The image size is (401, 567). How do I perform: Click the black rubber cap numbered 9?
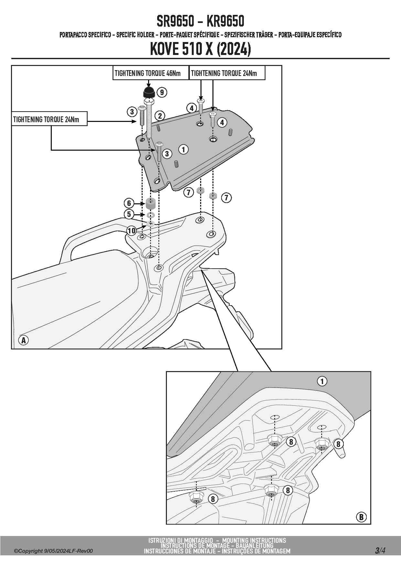(149, 92)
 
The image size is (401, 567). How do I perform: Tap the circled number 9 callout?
(162, 92)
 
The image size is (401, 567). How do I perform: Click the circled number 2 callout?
(160, 115)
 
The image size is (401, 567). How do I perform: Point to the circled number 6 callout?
(129, 203)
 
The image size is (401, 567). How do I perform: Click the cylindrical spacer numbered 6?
(150, 204)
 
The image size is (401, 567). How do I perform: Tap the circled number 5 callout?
(129, 214)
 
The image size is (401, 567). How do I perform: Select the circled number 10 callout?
(131, 230)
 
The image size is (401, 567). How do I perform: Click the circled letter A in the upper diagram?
(24, 340)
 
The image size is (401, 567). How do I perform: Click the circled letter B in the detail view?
(361, 517)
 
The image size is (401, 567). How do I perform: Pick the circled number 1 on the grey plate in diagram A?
(183, 149)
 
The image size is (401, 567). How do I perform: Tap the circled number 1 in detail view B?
(322, 381)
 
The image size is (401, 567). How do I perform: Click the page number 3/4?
(380, 550)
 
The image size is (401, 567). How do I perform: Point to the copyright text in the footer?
(53, 551)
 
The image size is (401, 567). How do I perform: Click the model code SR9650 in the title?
(175, 21)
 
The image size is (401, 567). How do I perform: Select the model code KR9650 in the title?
(225, 21)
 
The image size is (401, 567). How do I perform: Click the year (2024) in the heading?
(233, 49)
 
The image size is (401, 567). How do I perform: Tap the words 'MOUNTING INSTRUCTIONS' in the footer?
(254, 540)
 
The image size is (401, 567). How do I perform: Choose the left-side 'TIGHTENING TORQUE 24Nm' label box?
(49, 119)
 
